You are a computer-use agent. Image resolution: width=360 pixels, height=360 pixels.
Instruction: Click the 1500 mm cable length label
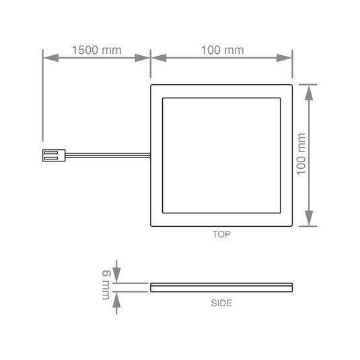96,50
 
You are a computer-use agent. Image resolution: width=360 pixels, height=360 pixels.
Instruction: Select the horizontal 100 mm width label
221,50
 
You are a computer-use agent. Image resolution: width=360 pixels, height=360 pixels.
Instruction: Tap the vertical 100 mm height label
301,154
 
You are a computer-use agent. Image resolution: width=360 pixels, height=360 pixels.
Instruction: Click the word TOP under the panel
221,236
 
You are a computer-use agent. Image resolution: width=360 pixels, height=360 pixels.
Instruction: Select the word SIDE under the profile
221,303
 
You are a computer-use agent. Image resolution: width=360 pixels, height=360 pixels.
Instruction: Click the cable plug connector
51,155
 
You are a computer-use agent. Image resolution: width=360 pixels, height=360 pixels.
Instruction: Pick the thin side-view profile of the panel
221,287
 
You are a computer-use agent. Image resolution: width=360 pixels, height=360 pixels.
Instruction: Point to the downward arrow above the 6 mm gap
116,275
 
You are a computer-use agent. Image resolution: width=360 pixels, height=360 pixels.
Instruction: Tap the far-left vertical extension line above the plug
43,101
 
